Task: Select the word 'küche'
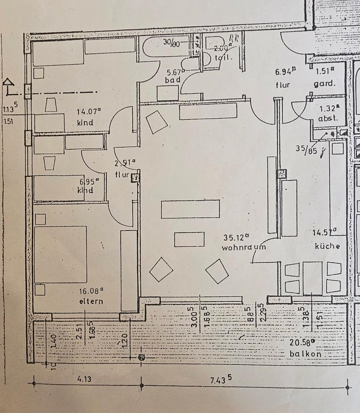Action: [x=327, y=247]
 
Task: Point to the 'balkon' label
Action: [x=305, y=354]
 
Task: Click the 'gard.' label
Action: [x=324, y=83]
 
